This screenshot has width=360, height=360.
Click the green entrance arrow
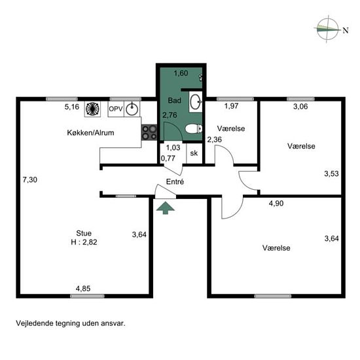point(166,207)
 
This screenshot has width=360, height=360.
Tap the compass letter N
point(346,30)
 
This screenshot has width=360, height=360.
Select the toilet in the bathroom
point(194,129)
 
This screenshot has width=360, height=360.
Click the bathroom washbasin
point(196,101)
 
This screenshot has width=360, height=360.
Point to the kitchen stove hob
point(149,132)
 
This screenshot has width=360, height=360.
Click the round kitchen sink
point(132,109)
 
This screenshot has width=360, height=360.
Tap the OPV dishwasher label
point(116,109)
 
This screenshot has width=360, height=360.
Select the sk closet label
point(194,153)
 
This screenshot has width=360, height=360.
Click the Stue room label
point(84,233)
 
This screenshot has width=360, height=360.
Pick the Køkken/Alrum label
point(90,133)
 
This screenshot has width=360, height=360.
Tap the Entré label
point(175,181)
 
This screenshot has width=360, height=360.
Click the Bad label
point(175,100)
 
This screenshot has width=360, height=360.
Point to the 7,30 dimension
point(30,179)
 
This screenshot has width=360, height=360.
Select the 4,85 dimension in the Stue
point(83,289)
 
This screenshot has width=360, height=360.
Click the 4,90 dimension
point(276,204)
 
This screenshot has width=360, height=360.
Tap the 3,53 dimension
point(332,173)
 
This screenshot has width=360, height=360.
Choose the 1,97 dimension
point(232,106)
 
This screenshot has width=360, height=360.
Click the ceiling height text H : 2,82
point(84,242)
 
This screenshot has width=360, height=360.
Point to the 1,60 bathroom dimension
point(181,73)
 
